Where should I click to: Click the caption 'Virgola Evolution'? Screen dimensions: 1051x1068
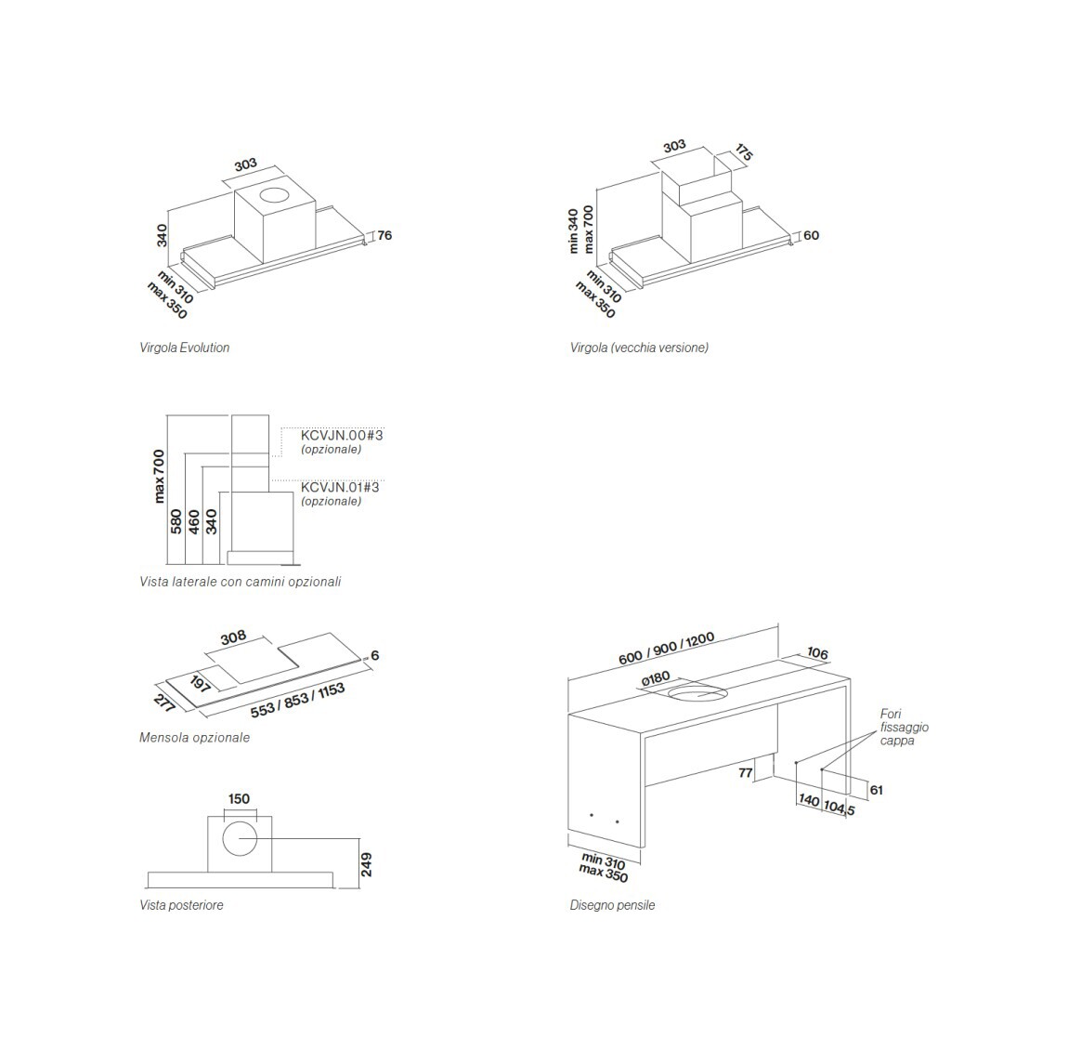coord(184,348)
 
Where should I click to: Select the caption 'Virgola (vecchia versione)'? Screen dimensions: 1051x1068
coord(639,348)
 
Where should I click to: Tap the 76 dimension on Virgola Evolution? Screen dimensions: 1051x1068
coord(384,236)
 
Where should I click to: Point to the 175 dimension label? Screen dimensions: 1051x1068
coord(742,153)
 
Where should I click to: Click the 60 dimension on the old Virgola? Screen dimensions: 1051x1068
coord(811,236)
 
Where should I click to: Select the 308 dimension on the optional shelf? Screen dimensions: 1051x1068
coord(234,637)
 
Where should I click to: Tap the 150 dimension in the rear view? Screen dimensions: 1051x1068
coord(239,798)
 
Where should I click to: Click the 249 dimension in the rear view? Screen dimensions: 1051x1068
coord(366,864)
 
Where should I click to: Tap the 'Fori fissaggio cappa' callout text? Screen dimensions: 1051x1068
coord(904,727)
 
